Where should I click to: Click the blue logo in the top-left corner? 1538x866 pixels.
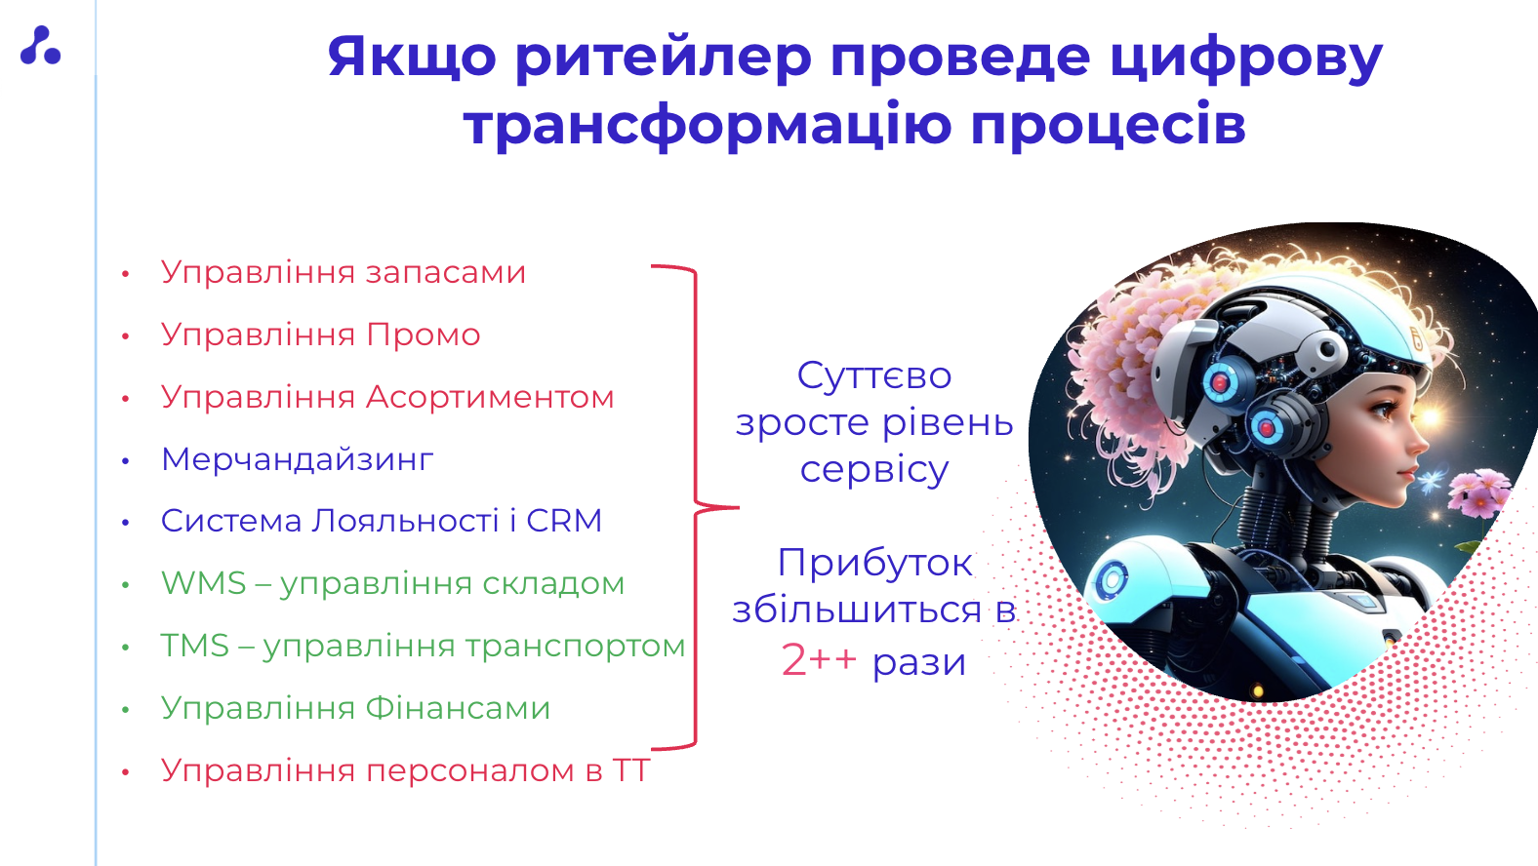41,46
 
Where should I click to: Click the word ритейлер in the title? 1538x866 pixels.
664,58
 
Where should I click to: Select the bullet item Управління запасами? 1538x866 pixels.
344,272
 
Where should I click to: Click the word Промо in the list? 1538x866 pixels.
423,335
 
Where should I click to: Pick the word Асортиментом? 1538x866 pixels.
490,397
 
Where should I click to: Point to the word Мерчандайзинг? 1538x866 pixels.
298,459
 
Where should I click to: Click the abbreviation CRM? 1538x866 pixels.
564,521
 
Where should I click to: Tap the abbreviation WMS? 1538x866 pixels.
203,583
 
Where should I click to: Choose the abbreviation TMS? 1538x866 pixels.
195,646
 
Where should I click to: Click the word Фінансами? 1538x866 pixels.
458,708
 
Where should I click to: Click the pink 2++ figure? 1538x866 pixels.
819,660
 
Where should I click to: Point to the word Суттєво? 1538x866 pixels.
874,375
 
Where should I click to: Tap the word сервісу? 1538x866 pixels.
874,471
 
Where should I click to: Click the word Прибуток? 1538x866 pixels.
874,564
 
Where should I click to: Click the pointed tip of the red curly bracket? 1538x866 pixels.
739,508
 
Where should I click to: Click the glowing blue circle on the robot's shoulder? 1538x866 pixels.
1112,579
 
